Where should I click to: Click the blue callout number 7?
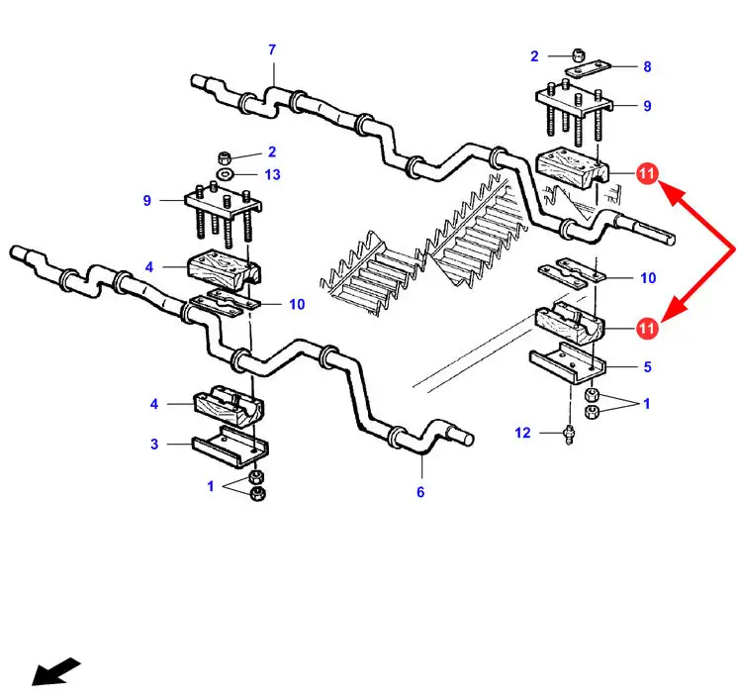tap(272, 50)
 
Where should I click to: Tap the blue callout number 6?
tap(419, 492)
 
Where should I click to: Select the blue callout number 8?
tap(647, 67)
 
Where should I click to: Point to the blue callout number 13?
tap(272, 174)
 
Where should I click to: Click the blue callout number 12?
tap(523, 432)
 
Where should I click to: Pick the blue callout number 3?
tap(154, 444)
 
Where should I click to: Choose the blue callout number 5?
tap(647, 366)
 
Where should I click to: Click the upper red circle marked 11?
tap(647, 174)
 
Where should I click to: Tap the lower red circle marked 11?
tap(647, 326)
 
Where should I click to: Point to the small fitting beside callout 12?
tap(569, 432)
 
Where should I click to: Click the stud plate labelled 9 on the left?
tap(224, 205)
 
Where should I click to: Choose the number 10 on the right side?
tap(647, 278)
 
